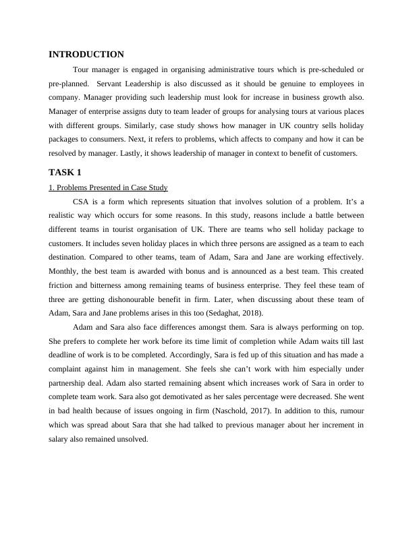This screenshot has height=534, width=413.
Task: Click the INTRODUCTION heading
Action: coord(86,55)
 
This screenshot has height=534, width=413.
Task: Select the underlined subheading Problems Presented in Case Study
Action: coord(108,187)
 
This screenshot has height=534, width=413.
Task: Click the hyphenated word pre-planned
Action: coord(68,84)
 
